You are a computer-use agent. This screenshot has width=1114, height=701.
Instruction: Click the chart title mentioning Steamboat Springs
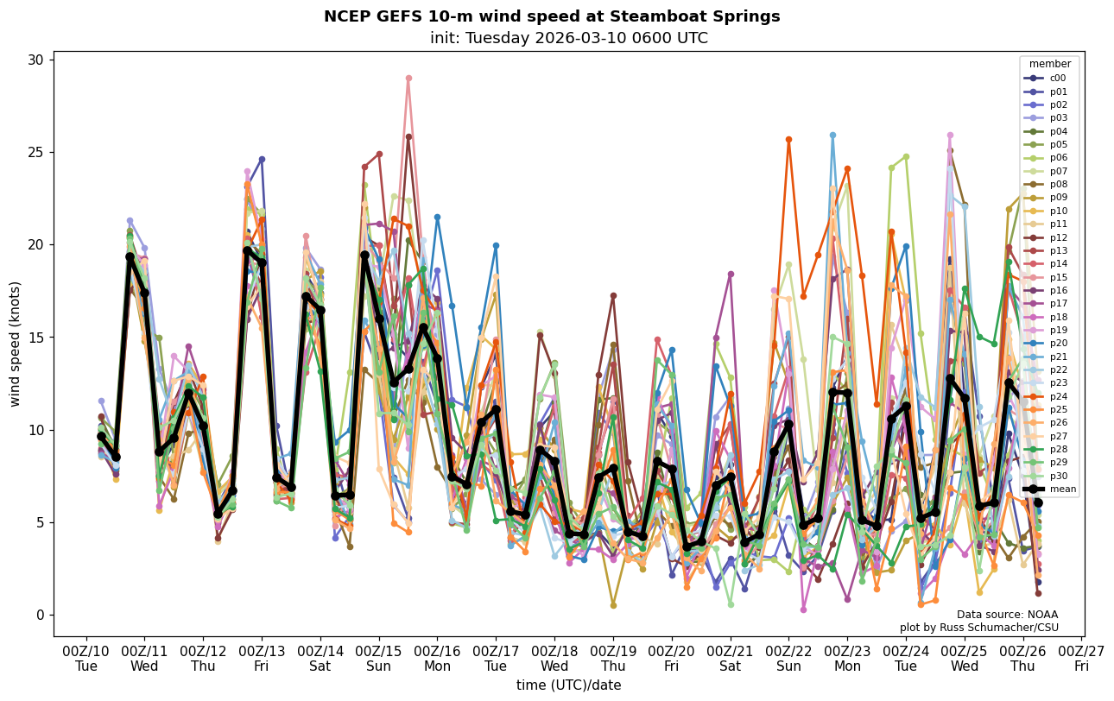coord(552,16)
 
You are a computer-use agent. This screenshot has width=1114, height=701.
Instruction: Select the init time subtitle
coord(568,38)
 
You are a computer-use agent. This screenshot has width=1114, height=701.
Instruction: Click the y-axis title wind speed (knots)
coord(16,344)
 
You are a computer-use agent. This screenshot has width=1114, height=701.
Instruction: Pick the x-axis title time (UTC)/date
coord(568,685)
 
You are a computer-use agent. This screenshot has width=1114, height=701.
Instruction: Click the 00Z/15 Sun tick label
coord(378,659)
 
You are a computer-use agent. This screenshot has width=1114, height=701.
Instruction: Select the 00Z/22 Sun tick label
coord(788,659)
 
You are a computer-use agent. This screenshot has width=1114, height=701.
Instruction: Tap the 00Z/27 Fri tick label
coord(1081,659)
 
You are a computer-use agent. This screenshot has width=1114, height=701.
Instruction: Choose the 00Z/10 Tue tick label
coord(85,659)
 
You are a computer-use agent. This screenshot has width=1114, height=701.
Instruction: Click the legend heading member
coord(1049,64)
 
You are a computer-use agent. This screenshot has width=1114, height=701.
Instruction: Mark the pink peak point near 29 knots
coord(408,79)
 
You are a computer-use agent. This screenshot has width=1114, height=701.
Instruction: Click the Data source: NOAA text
coord(1007,615)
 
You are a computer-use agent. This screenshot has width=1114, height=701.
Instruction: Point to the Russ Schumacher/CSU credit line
coord(978,627)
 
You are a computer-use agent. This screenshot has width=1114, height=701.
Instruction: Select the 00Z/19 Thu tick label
coord(613,659)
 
